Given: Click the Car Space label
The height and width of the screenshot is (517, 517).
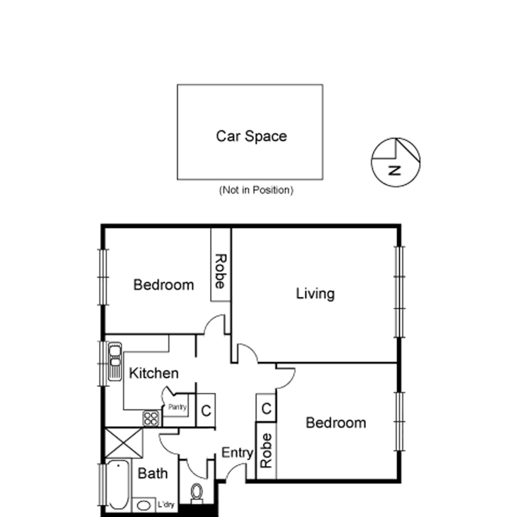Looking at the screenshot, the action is pos(251,136).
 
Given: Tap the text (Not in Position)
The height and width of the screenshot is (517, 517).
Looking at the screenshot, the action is pos(256,190).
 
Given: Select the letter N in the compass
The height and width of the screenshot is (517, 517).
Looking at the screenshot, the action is pos(395,170).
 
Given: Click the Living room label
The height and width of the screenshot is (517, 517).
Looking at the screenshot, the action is pos(315,293).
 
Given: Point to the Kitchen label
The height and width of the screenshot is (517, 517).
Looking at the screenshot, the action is pos(154,373).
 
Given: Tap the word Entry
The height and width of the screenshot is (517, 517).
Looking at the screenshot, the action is pos(237,453).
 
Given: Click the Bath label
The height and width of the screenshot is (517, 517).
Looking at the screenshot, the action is pos(153,473).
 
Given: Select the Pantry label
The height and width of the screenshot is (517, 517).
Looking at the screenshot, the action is pos(178,407).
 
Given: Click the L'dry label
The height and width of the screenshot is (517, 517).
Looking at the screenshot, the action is pos(166,505).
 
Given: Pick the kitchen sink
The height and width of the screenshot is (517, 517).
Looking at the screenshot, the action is pos(115,361).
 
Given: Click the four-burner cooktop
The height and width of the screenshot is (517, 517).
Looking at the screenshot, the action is pos(151,419).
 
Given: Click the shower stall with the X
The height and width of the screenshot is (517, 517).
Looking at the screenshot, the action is pos(123,443).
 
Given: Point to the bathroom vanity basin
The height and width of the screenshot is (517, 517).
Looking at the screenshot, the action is pos(144,505).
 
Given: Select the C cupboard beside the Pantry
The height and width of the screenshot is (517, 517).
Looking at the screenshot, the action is pos(206,411).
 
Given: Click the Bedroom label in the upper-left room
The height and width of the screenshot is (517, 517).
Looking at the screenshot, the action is pos(164,285).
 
